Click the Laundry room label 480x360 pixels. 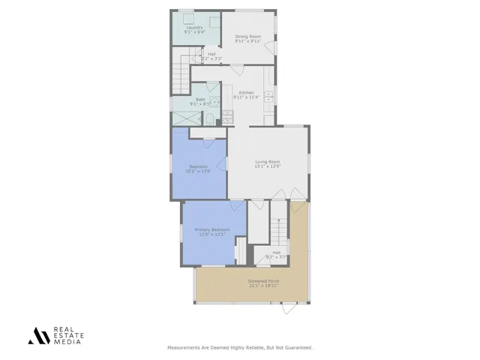[x=195, y=28]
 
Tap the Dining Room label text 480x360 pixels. [x=247, y=37]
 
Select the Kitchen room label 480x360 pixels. [x=246, y=93]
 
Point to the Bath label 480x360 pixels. [x=200, y=99]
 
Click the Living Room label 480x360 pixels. [x=267, y=161]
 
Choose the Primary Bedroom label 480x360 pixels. [x=212, y=229]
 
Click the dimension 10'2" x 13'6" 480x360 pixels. [x=198, y=171]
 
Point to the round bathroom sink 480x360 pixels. [x=213, y=104]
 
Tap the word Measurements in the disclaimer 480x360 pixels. [x=184, y=348]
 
